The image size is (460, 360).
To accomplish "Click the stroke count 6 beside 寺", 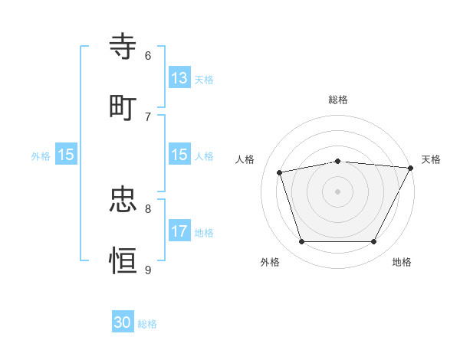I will click(x=148, y=55).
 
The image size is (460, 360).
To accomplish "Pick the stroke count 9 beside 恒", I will click(x=148, y=269).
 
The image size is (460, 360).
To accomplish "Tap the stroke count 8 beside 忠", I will click(x=148, y=208).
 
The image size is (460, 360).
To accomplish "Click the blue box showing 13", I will click(x=179, y=78).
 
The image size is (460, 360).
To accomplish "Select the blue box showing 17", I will click(x=179, y=231).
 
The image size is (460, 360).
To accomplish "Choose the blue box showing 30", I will click(x=123, y=323).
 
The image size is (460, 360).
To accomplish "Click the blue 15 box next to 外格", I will click(x=66, y=155).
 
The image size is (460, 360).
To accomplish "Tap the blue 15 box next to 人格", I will click(x=179, y=155).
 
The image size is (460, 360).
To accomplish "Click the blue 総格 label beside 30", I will click(x=147, y=324).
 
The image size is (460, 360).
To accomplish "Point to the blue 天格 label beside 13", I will click(x=203, y=80).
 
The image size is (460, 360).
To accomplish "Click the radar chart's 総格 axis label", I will click(x=338, y=100).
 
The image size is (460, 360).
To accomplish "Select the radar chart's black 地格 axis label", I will click(x=402, y=263).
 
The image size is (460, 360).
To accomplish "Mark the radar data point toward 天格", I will click(x=411, y=168).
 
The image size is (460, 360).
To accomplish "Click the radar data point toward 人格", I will click(x=280, y=172).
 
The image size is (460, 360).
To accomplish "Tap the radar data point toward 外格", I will click(x=301, y=242).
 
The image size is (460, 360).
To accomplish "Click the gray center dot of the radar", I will click(x=337, y=191).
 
